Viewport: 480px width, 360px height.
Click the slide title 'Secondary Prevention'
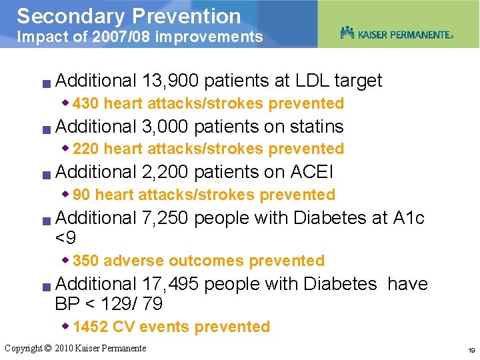pos(128,15)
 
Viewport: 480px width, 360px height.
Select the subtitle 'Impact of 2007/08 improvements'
pos(139,37)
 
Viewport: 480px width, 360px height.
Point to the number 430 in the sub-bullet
pos(86,103)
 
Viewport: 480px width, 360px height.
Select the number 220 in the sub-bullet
pos(86,149)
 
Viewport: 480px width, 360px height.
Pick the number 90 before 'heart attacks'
pos(82,195)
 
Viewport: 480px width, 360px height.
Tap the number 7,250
pos(165,218)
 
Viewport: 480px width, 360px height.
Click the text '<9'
pos(66,237)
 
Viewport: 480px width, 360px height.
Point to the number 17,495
pos(170,284)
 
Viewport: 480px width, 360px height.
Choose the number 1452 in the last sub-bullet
pos(91,327)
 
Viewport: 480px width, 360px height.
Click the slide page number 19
pos(471,350)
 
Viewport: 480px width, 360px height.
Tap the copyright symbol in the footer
pos(47,348)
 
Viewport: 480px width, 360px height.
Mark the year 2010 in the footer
pos(64,348)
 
